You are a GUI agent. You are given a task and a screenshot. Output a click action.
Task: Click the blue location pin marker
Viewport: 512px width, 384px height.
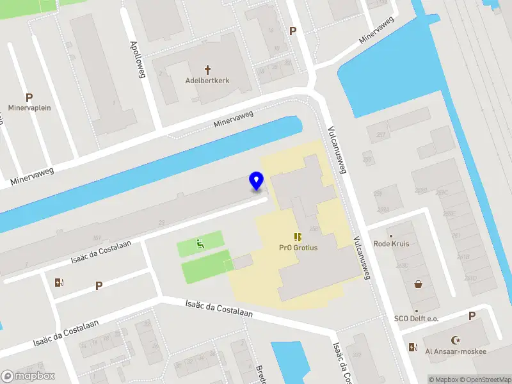(x=256, y=181)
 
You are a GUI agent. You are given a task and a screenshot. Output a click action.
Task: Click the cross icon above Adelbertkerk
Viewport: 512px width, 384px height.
(x=207, y=69)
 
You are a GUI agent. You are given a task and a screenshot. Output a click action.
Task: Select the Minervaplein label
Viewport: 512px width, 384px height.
(x=29, y=108)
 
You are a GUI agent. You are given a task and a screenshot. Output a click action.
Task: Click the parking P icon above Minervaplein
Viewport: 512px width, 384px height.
(x=29, y=97)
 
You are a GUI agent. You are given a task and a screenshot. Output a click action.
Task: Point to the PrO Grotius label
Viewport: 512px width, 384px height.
(x=298, y=248)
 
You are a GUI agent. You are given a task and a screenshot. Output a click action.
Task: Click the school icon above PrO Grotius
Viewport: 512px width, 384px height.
(x=298, y=237)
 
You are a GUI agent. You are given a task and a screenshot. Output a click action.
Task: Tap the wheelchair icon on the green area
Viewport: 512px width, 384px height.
(x=200, y=243)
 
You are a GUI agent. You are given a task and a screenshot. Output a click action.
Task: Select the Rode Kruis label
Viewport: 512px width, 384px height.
(x=391, y=243)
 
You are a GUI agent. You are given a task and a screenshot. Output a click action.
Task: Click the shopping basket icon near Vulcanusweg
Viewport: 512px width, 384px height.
(x=418, y=284)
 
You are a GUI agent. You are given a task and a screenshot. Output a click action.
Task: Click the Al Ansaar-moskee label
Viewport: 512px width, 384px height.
(x=456, y=351)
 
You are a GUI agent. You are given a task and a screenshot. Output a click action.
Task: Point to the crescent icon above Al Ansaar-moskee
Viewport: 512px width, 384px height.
(x=456, y=340)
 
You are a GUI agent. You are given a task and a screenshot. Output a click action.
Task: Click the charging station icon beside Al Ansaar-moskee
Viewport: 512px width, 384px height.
(x=412, y=347)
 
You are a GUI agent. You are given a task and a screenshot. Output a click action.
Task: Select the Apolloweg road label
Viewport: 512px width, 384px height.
(x=138, y=60)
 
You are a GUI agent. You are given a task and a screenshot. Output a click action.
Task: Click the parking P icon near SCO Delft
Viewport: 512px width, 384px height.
(x=472, y=316)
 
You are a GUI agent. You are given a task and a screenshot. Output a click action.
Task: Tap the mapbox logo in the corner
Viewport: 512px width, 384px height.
(x=28, y=376)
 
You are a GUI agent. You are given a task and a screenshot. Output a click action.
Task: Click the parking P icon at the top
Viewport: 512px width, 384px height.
(x=293, y=31)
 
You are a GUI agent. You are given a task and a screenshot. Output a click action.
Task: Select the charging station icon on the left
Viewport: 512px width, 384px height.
(x=60, y=282)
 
